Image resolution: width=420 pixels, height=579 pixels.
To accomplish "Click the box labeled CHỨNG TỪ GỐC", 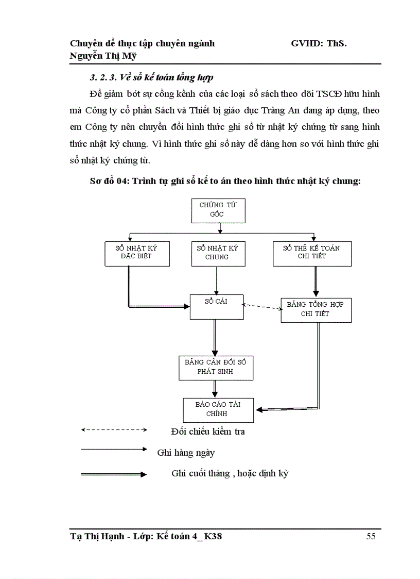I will click(x=218, y=210).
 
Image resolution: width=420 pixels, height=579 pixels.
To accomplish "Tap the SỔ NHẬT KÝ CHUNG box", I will click(x=217, y=252).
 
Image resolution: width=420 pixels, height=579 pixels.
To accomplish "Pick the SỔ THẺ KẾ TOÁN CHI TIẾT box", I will click(x=311, y=252).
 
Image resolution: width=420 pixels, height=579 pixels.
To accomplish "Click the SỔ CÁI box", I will click(x=216, y=307).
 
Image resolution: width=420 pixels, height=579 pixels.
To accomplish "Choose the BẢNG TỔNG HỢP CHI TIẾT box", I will click(x=316, y=309).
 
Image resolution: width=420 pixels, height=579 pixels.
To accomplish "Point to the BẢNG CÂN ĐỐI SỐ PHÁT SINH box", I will click(x=216, y=367).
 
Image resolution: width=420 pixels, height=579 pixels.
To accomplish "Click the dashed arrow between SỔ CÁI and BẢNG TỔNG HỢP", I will click(x=262, y=307).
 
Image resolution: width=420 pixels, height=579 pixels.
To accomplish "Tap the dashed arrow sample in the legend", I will click(x=114, y=429).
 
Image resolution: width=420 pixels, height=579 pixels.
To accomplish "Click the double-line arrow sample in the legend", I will click(x=114, y=474).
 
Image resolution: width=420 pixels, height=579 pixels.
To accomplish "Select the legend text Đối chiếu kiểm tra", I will click(x=207, y=432).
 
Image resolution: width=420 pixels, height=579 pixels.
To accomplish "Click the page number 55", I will click(x=371, y=537).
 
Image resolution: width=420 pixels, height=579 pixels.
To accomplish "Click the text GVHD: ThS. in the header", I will click(x=319, y=44).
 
